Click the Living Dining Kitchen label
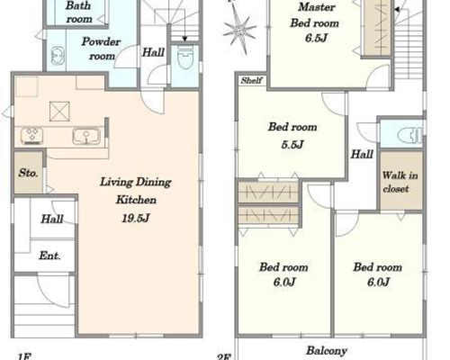(136, 191)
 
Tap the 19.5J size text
(136, 219)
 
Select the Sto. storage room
(29, 173)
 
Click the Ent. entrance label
(49, 256)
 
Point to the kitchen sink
(86, 136)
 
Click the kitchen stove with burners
(32, 135)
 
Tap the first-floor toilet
(185, 58)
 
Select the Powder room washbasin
(57, 56)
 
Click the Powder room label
(101, 49)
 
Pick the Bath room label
(79, 12)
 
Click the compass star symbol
(239, 31)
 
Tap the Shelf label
(252, 80)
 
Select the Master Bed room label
(315, 15)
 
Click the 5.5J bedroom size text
(292, 145)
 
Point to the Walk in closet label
(400, 182)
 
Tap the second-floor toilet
(409, 133)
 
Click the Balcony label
(327, 351)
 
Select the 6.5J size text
(316, 39)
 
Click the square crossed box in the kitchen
(59, 112)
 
